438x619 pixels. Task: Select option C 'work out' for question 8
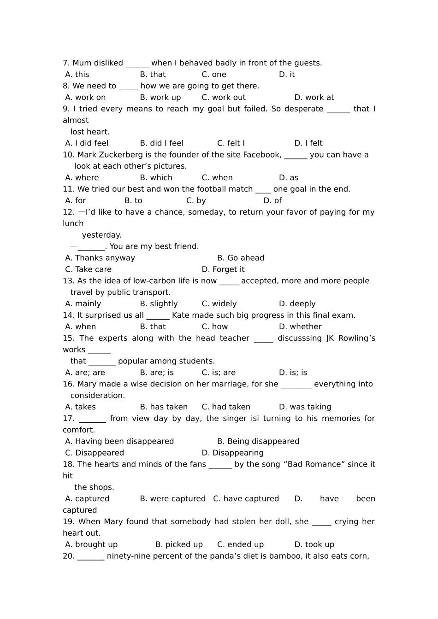(x=224, y=97)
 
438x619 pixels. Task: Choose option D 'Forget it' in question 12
(x=223, y=269)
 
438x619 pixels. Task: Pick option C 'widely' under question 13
(x=219, y=304)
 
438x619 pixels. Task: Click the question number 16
(x=69, y=384)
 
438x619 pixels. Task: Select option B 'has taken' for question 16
(x=164, y=407)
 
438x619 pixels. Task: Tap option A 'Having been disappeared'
(x=119, y=441)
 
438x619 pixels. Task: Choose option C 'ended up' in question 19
(x=240, y=544)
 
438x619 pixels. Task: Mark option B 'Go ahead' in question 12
(x=241, y=258)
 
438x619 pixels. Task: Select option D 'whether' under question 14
(x=300, y=327)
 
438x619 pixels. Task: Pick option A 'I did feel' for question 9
(x=87, y=143)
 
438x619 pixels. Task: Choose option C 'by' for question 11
(x=196, y=200)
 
